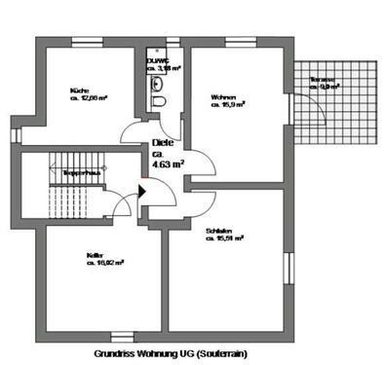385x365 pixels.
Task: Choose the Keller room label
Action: (94, 255)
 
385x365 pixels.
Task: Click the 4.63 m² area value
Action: (167, 164)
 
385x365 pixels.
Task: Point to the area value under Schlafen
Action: (224, 237)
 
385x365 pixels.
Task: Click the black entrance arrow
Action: (141, 190)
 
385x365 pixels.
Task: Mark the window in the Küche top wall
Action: (77, 42)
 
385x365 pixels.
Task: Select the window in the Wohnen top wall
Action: (238, 42)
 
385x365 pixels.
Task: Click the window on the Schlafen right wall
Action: (289, 266)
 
